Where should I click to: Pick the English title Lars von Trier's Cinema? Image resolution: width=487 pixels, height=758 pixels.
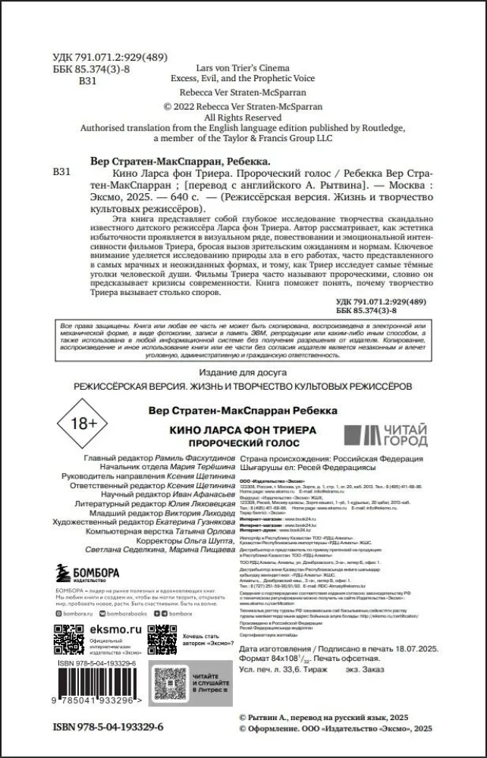point(243,67)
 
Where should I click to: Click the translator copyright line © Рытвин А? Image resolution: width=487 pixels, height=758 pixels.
point(330,716)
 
